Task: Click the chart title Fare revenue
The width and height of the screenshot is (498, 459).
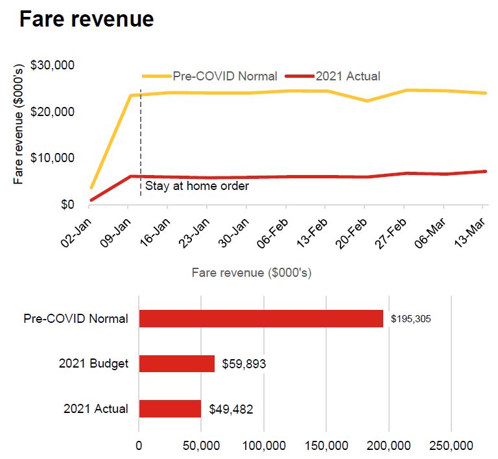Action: (x=86, y=19)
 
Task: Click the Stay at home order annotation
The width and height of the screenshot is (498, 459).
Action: (x=196, y=186)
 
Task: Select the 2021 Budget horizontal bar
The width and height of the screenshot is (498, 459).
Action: (x=176, y=364)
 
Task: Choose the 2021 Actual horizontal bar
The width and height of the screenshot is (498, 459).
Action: (x=170, y=409)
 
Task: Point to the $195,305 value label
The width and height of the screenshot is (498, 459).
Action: (x=411, y=320)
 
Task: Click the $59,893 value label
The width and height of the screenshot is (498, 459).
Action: (x=244, y=364)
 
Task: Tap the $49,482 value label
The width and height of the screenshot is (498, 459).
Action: (x=231, y=410)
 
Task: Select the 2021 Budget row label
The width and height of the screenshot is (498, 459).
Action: (x=93, y=364)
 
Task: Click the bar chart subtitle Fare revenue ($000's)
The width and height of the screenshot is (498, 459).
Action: (x=252, y=273)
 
